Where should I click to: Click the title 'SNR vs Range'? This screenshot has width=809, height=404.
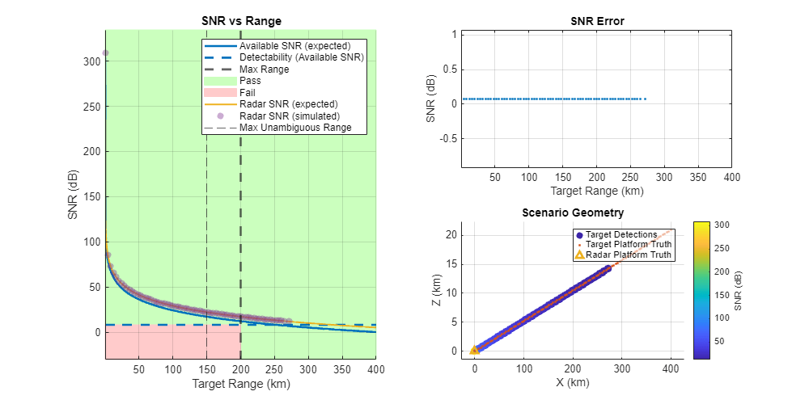tap(240, 21)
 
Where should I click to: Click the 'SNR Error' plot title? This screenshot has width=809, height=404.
tap(597, 21)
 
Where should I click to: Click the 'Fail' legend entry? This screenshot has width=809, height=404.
tap(250, 92)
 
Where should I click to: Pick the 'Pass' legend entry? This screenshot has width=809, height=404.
tap(252, 81)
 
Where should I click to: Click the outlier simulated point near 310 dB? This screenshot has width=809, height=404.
tap(105, 53)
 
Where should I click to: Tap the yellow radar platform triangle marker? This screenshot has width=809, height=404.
tap(475, 351)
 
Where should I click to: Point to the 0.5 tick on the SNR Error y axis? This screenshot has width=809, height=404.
tap(443, 69)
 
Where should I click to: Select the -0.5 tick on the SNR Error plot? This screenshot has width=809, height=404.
tap(442, 138)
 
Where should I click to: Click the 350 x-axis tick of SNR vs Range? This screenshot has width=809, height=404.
tap(308, 370)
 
